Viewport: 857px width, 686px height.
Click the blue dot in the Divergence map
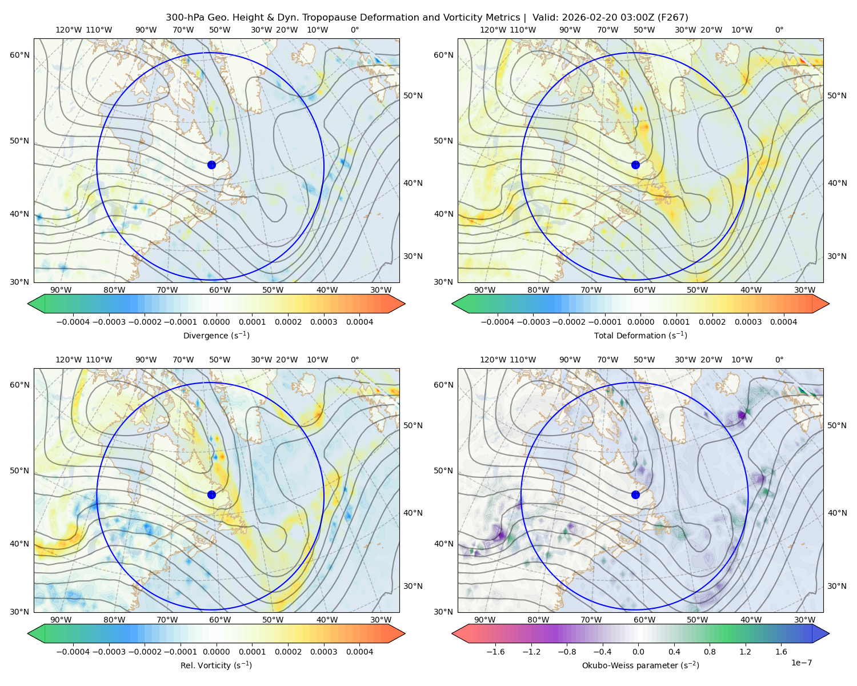tap(211, 165)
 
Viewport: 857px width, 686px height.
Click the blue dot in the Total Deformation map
tap(635, 165)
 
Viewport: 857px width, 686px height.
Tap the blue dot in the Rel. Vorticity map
tap(211, 494)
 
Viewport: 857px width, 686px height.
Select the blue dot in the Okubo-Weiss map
tap(635, 494)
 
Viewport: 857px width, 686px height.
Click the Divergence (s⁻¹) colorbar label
tap(216, 335)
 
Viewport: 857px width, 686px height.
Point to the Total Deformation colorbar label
tap(640, 335)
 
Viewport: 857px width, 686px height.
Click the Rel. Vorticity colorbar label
tap(216, 665)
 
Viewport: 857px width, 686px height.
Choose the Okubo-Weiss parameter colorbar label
tap(640, 665)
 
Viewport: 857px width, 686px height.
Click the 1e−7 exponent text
tap(801, 663)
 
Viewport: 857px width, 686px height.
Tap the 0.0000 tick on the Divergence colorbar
tap(216, 322)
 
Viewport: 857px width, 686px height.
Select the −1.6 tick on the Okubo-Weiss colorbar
tap(495, 651)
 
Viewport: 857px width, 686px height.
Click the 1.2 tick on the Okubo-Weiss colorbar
tap(745, 651)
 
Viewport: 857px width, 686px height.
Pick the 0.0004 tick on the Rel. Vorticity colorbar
tap(359, 651)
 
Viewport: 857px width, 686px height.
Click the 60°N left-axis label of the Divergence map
tap(19, 55)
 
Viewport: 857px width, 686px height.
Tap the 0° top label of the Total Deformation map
tap(779, 30)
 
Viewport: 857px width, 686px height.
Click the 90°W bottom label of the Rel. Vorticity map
tap(61, 620)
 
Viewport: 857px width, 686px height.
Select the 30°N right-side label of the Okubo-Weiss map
tap(837, 586)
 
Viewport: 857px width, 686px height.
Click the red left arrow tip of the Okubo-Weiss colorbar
tap(452, 633)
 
